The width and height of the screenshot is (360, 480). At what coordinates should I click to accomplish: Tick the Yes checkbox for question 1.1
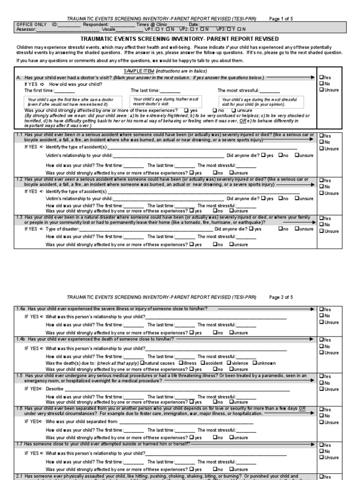click(x=321, y=136)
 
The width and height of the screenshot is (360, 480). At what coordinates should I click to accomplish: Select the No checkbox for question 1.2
click(x=321, y=187)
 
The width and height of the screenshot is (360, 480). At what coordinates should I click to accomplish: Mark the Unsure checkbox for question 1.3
click(x=321, y=231)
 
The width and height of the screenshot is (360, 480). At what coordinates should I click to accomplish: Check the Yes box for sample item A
click(x=321, y=77)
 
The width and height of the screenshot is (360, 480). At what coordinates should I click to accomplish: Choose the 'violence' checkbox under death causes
click(x=229, y=363)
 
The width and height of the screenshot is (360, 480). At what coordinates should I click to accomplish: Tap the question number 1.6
click(x=20, y=409)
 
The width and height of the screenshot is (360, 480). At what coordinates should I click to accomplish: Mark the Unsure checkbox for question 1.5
click(x=321, y=389)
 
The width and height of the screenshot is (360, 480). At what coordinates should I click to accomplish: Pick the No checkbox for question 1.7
click(x=321, y=451)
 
